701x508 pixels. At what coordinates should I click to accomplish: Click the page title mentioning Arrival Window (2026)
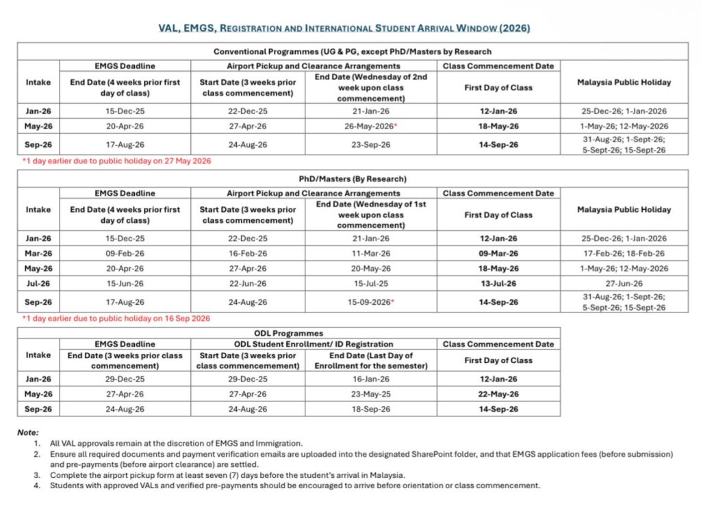(350, 28)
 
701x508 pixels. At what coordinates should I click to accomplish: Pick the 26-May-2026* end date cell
(371, 126)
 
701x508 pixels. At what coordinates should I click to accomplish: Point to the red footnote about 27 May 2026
(116, 161)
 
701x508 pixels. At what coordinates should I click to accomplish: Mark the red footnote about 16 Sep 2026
(116, 319)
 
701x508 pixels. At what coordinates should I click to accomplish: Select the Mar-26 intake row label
(38, 253)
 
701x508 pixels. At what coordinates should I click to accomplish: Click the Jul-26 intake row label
(38, 283)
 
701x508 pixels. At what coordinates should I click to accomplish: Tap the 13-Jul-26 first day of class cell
(498, 283)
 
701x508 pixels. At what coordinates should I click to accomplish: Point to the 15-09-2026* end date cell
(371, 302)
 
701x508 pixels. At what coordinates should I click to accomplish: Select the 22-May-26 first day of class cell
(498, 394)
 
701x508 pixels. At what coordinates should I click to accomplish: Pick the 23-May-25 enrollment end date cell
(371, 394)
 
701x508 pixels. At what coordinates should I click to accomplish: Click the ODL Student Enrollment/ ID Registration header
(314, 344)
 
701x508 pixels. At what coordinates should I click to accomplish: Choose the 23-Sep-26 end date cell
(371, 145)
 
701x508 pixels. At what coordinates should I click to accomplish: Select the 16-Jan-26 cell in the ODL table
(371, 379)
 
